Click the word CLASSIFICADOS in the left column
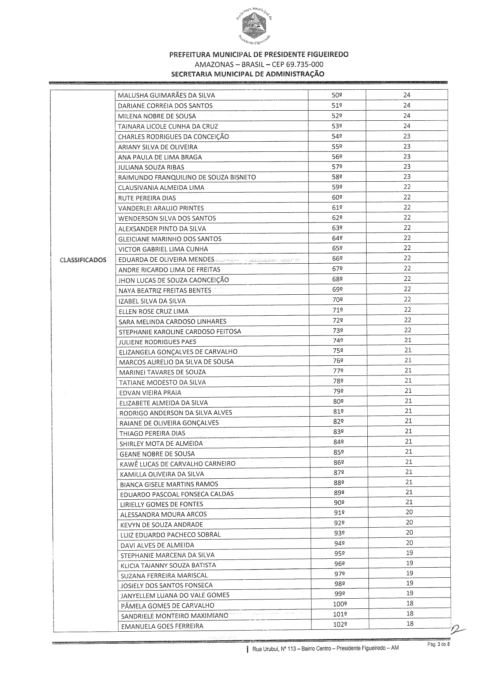click(x=83, y=260)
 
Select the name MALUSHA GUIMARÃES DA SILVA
click(x=166, y=96)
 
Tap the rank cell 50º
click(x=336, y=95)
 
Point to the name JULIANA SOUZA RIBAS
click(x=151, y=167)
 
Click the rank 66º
click(x=337, y=259)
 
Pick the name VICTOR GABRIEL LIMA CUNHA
click(x=163, y=249)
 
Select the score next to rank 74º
click(x=408, y=340)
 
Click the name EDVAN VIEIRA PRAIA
click(x=150, y=393)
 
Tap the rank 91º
click(x=339, y=513)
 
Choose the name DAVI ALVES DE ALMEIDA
click(x=157, y=545)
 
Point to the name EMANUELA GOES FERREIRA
click(x=162, y=626)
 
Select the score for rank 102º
click(x=410, y=624)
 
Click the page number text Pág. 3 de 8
click(x=438, y=645)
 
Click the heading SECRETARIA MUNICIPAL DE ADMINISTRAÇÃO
click(x=247, y=74)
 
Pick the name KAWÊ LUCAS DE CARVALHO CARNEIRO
click(x=178, y=464)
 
